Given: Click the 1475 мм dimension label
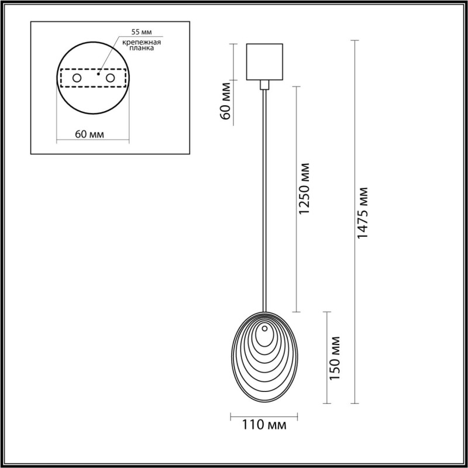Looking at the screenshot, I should point(363,212).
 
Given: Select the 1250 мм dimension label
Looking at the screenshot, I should point(304,188).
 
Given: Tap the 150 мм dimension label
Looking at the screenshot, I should point(335,358).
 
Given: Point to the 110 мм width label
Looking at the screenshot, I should point(264,425).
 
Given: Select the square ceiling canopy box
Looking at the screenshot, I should point(265,61).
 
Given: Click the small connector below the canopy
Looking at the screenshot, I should point(265,85).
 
